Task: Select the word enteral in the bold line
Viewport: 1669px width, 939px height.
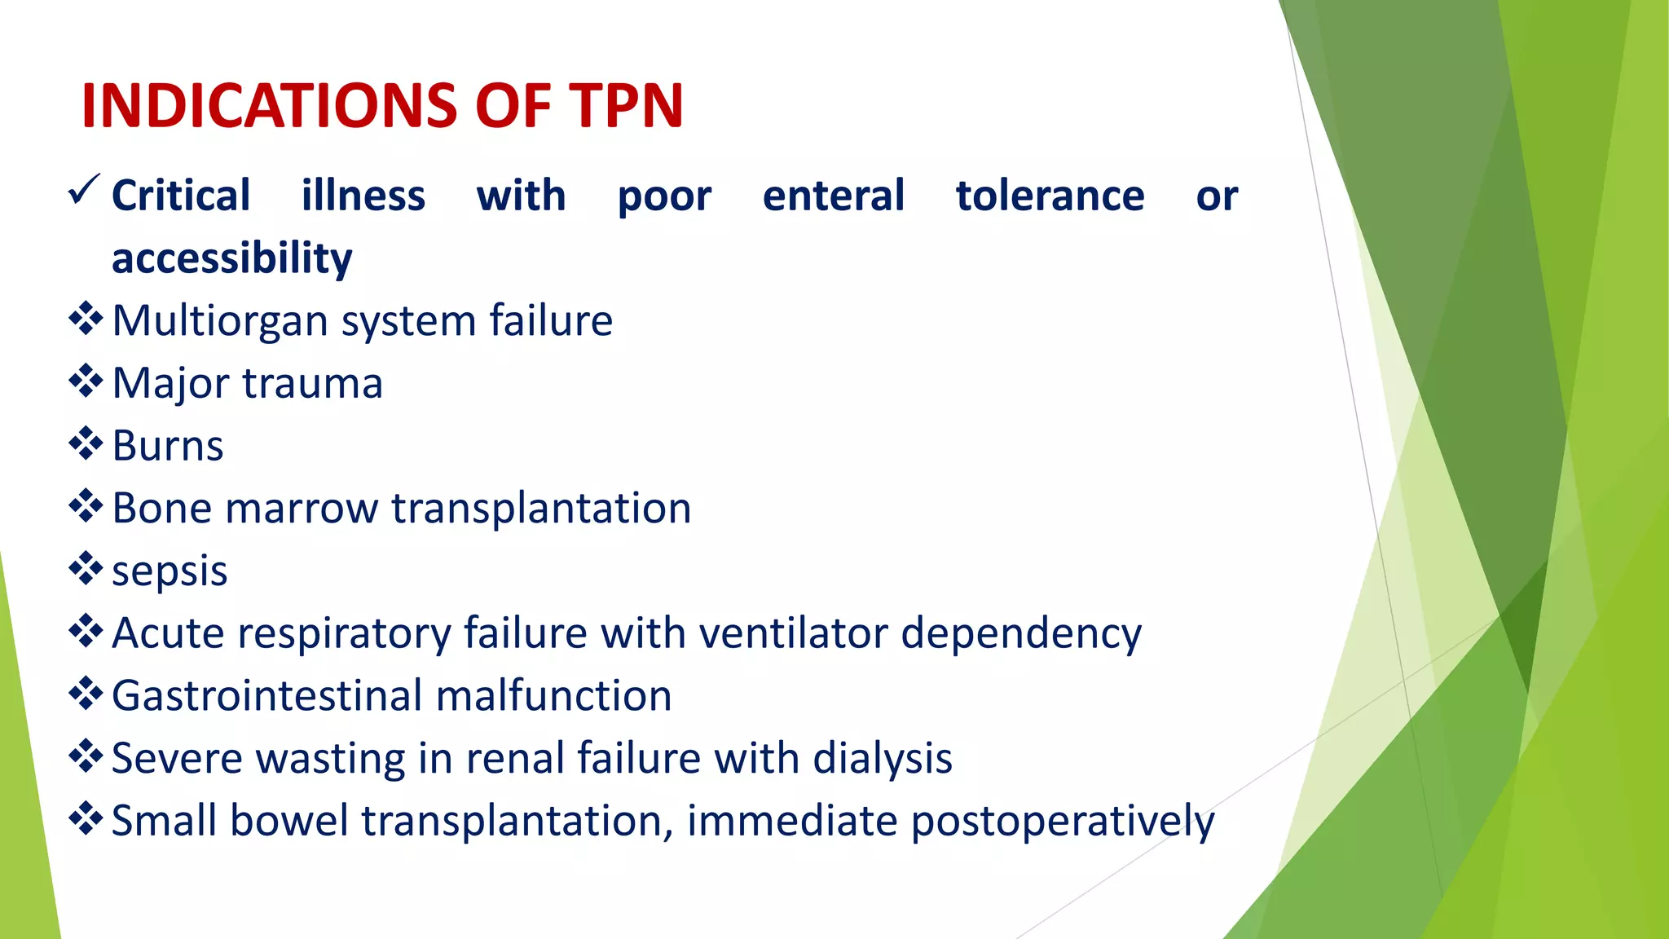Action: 833,196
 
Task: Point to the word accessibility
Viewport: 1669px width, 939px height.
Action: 231,258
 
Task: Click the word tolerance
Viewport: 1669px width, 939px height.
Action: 1050,196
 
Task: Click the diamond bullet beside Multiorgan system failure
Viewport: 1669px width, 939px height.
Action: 86,319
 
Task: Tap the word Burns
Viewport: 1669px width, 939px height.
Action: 167,446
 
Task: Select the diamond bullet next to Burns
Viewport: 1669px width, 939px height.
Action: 86,443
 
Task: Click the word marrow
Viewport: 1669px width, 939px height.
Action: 302,509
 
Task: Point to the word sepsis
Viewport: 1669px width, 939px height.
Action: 170,571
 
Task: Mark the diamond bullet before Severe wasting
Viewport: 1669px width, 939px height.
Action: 86,756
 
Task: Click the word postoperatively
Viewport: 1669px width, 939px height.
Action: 1062,822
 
